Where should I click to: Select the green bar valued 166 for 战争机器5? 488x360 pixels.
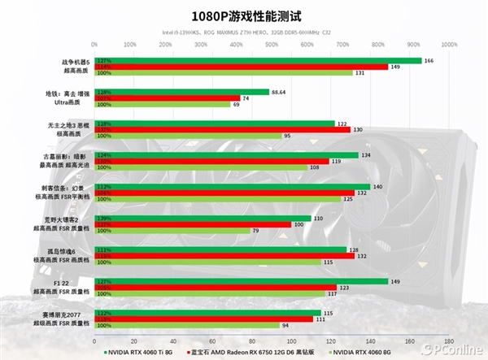pyautogui.click(x=259, y=60)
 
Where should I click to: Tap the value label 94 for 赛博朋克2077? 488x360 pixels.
pyautogui.click(x=285, y=325)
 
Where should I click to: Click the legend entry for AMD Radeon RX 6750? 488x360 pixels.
pyautogui.click(x=261, y=353)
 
